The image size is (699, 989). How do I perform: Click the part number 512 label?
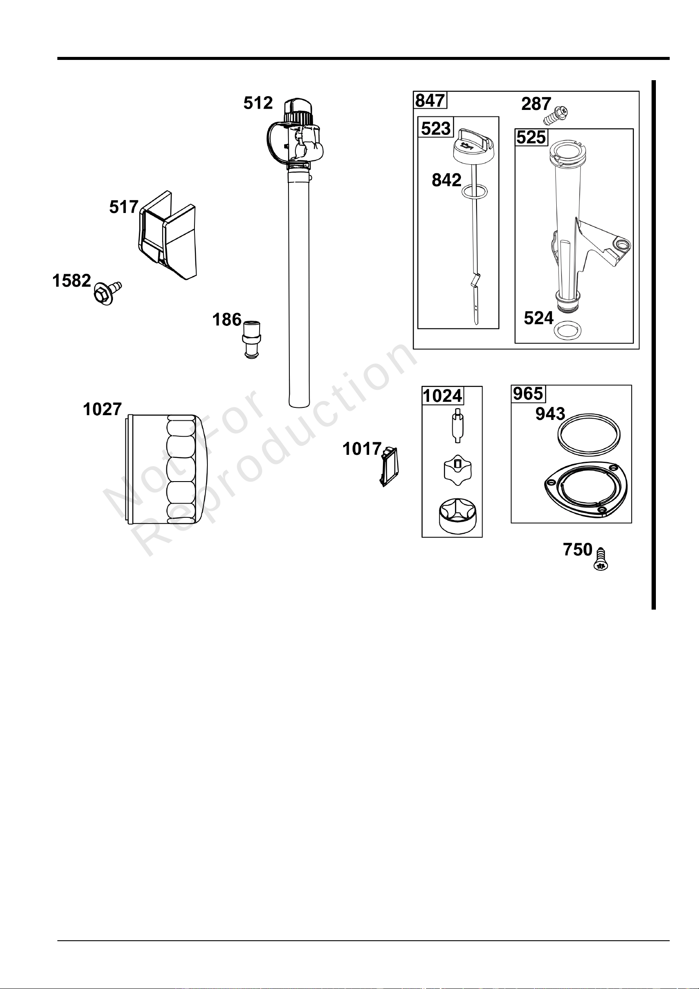(x=258, y=103)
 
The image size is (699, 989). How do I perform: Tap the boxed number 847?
(x=430, y=100)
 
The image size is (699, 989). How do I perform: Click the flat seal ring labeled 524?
(x=566, y=331)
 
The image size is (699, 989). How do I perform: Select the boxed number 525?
(x=531, y=138)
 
